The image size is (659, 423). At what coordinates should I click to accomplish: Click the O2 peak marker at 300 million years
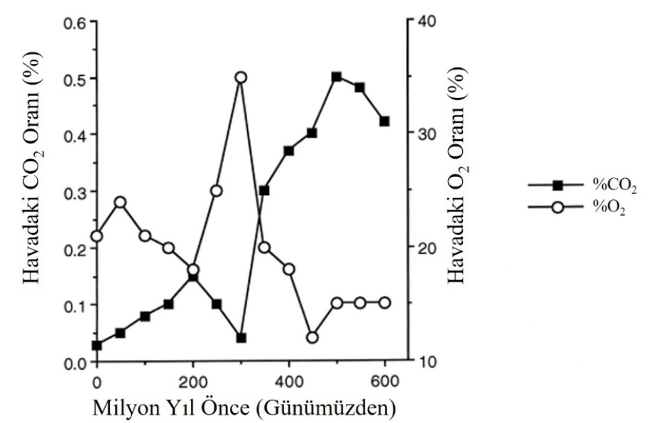pyautogui.click(x=241, y=77)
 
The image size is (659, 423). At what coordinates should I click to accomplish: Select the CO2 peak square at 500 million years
pyautogui.click(x=337, y=77)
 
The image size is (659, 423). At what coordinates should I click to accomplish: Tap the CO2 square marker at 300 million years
pyautogui.click(x=241, y=338)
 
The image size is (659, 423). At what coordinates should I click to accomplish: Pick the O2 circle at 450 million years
pyautogui.click(x=312, y=338)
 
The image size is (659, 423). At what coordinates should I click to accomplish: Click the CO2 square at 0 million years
pyautogui.click(x=97, y=346)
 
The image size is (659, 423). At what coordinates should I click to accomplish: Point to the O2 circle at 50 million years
pyautogui.click(x=121, y=202)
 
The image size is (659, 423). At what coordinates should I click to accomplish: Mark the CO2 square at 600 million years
pyautogui.click(x=384, y=121)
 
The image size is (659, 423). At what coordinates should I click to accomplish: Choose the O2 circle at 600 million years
pyautogui.click(x=384, y=303)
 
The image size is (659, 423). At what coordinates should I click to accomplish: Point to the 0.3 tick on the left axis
pyautogui.click(x=74, y=192)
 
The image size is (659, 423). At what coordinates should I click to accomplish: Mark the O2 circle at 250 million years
pyautogui.click(x=217, y=191)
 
